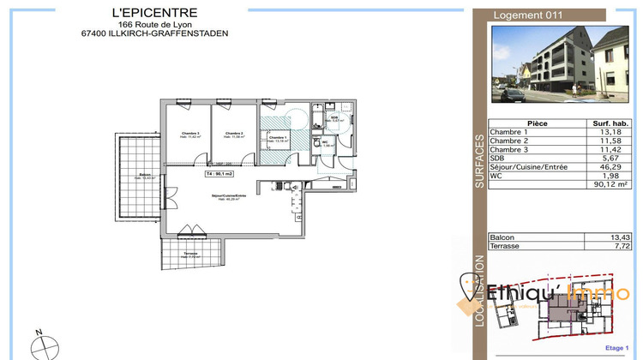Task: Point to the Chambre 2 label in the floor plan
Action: tap(235, 134)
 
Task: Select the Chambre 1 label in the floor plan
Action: tap(277, 137)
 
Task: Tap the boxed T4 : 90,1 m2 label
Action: tap(219, 173)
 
